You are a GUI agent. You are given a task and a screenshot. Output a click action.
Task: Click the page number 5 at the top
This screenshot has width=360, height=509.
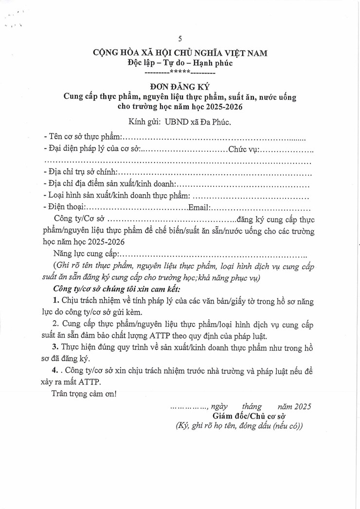[180, 39]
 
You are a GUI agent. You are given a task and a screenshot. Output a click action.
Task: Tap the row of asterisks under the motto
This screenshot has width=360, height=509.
[180, 73]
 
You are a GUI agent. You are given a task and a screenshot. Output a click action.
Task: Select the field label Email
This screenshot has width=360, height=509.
[198, 207]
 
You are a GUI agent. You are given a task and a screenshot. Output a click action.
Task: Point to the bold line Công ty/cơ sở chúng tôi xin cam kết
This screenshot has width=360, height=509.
[115, 289]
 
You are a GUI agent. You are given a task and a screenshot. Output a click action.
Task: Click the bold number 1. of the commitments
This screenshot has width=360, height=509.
[56, 301]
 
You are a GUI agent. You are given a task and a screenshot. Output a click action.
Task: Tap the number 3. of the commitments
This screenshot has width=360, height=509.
[56, 347]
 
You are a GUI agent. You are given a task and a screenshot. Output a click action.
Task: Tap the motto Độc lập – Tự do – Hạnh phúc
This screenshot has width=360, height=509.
[180, 63]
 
